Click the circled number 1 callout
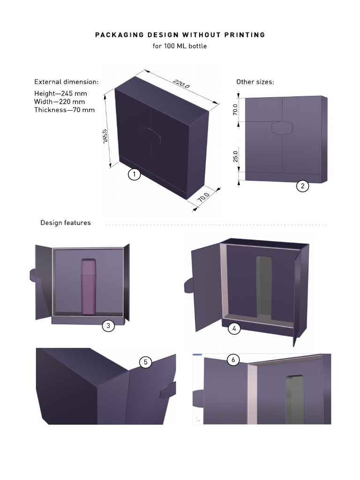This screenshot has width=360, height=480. pos(134,174)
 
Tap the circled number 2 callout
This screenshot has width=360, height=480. pos(302,186)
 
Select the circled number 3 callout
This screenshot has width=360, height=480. pos(108,326)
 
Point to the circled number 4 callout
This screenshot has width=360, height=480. pos(234,329)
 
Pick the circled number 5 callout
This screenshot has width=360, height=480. pos(145,362)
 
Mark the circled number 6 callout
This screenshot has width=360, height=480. pos(233,360)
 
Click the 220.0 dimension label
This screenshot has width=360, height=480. pos(181,83)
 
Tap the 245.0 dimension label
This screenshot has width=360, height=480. pos(105,136)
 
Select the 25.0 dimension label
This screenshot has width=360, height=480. pos(235,157)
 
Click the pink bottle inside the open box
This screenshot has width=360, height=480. pos(89,287)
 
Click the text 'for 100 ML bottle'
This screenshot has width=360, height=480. pos(180,46)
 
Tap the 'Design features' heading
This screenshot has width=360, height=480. pos(66,223)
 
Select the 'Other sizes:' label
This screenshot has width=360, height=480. pos(255,82)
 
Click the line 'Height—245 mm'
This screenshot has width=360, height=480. pos(60,93)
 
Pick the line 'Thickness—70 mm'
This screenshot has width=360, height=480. pos(64,110)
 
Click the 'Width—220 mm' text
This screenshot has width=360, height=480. pos(60,102)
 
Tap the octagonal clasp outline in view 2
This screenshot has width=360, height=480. pos(282,127)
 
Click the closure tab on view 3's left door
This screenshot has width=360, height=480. pos(33,275)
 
